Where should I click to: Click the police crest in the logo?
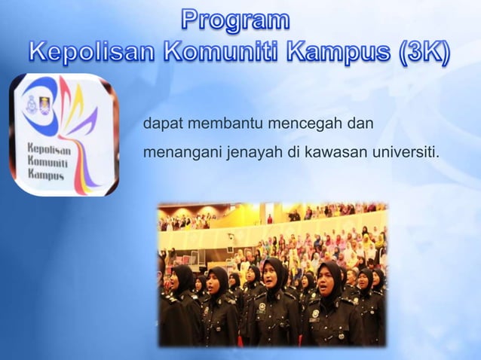[31, 104]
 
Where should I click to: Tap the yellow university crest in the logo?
[44, 105]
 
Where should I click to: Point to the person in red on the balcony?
[269, 219]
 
